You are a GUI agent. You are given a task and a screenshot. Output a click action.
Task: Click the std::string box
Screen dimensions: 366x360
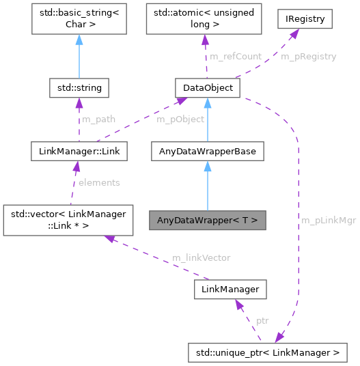tap(79, 88)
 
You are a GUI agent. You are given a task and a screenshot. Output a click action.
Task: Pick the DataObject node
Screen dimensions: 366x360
tap(207, 88)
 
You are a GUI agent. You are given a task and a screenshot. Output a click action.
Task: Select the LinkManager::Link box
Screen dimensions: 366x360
tap(79, 151)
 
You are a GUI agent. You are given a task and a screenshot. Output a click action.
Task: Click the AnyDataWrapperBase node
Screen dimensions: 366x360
tap(207, 151)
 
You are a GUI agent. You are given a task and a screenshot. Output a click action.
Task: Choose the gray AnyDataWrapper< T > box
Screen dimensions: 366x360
tap(207, 221)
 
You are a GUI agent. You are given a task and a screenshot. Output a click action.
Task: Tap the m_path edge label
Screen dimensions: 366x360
tap(98, 119)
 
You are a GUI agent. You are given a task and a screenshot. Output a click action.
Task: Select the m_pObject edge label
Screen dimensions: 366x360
tap(180, 119)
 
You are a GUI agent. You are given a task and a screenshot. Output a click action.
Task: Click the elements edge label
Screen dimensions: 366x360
tap(99, 182)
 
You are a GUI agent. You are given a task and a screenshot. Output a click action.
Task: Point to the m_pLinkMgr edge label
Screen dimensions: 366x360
tap(328, 221)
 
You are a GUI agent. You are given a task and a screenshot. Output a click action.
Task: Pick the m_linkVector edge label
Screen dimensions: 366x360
tap(201, 257)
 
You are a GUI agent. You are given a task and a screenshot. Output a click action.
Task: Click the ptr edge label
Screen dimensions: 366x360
tap(262, 320)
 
